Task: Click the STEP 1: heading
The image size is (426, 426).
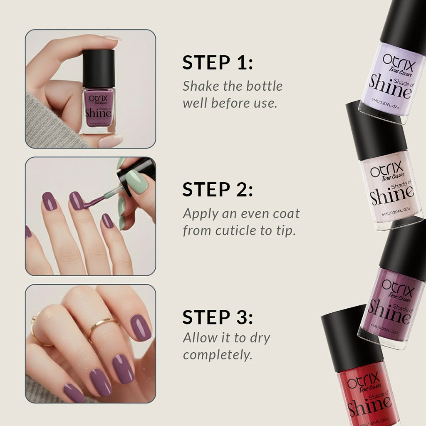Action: (218, 62)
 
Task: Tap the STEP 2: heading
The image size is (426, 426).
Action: (218, 190)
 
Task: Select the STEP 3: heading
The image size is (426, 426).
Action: (218, 317)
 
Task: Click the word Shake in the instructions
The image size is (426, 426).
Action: (198, 86)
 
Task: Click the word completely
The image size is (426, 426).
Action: (217, 355)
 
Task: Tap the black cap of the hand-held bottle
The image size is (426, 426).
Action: (99, 68)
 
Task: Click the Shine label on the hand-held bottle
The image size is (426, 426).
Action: (98, 112)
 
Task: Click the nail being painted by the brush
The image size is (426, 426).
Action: (76, 201)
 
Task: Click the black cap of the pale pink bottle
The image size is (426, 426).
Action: (376, 129)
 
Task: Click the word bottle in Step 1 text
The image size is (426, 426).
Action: (264, 86)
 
